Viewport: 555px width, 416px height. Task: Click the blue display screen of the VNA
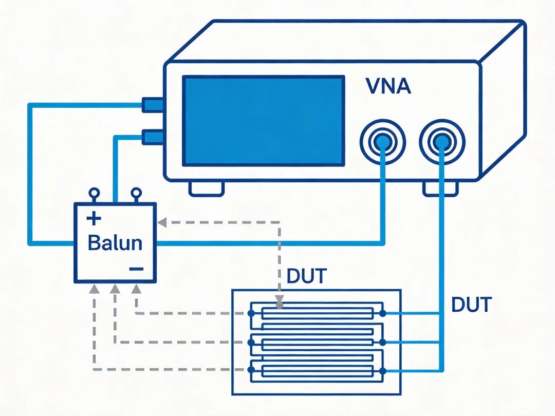[263, 121]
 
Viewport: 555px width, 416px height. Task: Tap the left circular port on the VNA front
[383, 142]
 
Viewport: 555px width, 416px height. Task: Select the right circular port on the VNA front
[442, 142]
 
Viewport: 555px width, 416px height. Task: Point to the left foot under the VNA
[207, 189]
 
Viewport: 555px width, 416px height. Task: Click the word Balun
[115, 243]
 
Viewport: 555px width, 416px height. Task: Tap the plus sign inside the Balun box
[94, 218]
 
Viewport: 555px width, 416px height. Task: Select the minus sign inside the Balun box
[136, 269]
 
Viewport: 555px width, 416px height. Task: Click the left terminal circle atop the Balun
[94, 193]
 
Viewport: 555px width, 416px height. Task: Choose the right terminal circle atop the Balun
[136, 193]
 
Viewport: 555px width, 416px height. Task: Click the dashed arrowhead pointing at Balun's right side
[162, 222]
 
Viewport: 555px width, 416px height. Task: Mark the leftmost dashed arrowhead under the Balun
[94, 289]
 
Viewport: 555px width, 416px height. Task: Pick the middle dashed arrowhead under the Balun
[115, 289]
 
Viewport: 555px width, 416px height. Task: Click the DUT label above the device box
[306, 276]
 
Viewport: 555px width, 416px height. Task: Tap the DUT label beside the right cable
[471, 304]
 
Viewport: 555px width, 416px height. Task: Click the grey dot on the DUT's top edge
[280, 305]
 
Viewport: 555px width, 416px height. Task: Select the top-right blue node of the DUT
[382, 313]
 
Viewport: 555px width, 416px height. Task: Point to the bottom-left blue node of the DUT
[251, 370]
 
